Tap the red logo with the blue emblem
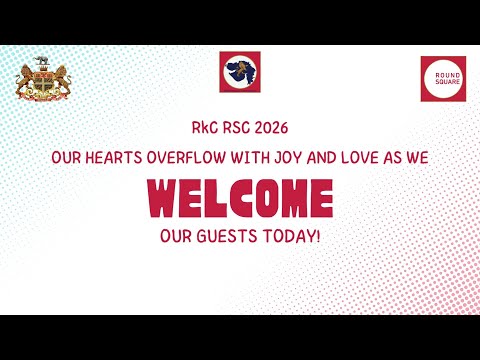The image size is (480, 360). pyautogui.click(x=240, y=71)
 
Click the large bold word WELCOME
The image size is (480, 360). pyautogui.click(x=240, y=198)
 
